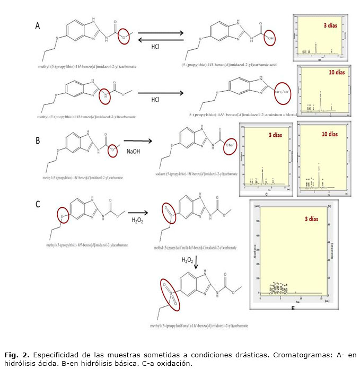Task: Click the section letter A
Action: [38, 25]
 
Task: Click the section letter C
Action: [38, 204]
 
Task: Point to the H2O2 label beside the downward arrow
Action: [188, 260]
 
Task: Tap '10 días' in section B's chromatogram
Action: [329, 134]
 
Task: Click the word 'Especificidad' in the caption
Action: [52, 354]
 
